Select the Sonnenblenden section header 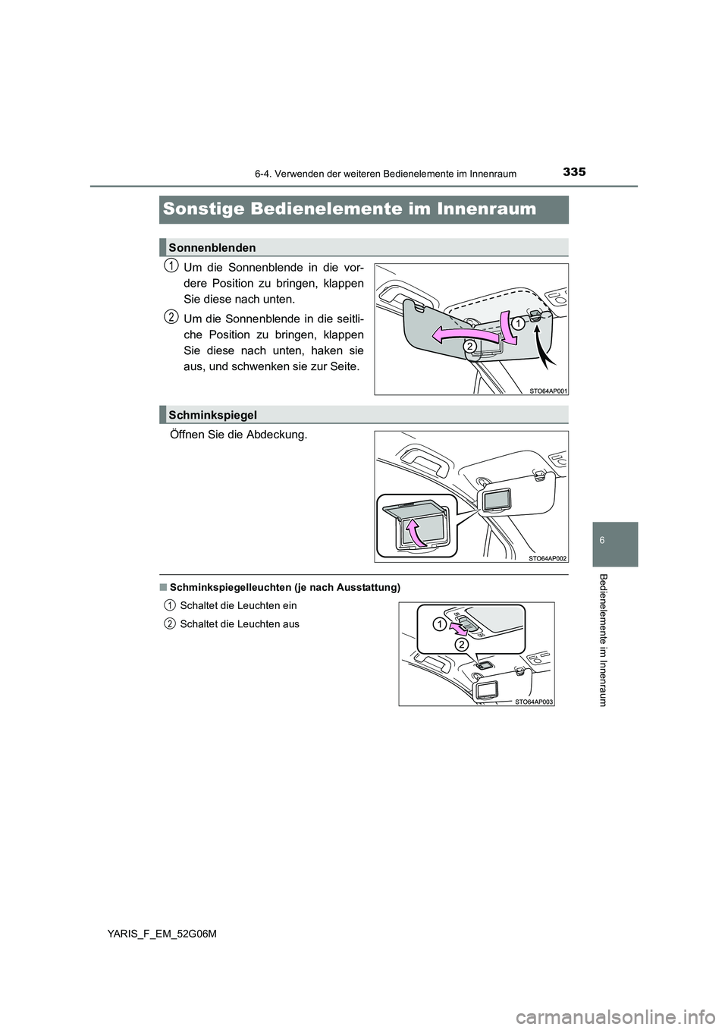(212, 247)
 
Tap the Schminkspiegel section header (213, 415)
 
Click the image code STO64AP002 (548, 557)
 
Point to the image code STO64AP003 (535, 702)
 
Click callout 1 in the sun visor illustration (516, 323)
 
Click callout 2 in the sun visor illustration (470, 346)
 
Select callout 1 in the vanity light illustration (438, 623)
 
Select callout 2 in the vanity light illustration (460, 644)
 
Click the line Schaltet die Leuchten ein (238, 605)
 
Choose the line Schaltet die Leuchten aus (240, 623)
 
